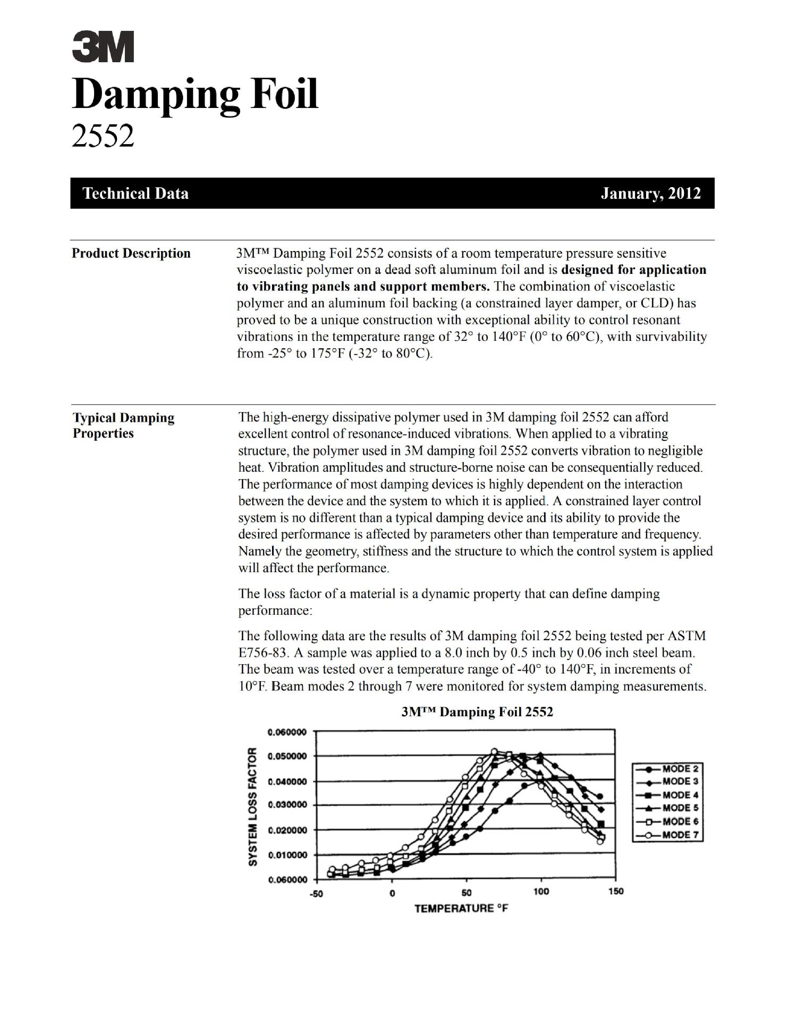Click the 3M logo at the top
tap(103, 47)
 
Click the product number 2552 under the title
tap(103, 137)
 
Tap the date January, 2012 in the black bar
tap(650, 193)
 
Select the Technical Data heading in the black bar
tap(135, 193)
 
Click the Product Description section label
tap(131, 253)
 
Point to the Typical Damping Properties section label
tap(123, 425)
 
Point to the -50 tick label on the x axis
tap(316, 893)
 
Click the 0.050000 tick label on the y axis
tap(287, 756)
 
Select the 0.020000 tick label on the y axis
tap(287, 830)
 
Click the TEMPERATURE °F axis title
tap(461, 908)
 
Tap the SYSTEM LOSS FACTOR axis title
tap(253, 806)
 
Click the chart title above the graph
tap(477, 712)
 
